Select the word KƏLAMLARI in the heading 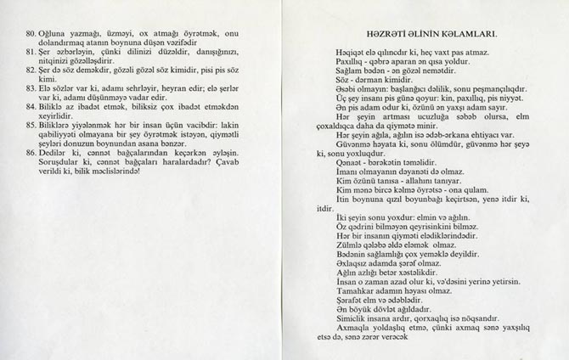point(467,35)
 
